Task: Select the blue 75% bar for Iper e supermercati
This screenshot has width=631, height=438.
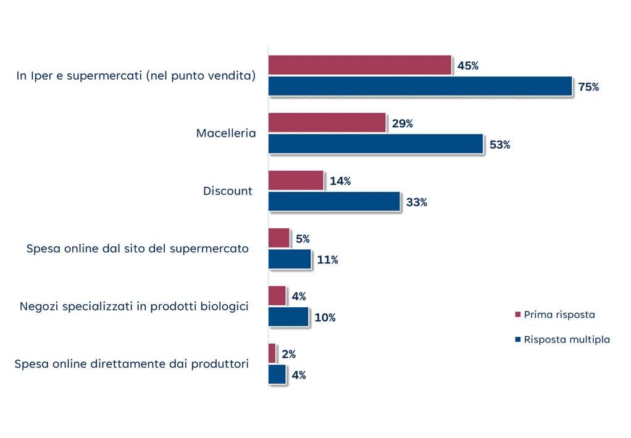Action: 420,86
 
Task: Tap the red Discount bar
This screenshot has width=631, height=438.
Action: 296,181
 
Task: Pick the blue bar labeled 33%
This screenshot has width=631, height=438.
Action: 334,202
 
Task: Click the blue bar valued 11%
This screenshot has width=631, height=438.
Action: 290,260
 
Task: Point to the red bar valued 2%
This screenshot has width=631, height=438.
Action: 272,353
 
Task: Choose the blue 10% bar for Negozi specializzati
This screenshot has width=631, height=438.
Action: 288,317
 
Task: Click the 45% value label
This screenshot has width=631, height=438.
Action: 467,66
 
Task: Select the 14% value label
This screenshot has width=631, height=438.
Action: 340,181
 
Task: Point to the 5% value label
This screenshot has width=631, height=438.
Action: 302,239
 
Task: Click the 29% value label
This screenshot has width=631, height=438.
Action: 402,124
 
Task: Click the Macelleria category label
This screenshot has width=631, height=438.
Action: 226,133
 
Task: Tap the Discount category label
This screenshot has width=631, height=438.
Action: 228,191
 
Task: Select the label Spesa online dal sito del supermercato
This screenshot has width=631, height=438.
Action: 137,249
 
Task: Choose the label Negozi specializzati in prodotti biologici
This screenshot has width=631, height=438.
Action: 134,307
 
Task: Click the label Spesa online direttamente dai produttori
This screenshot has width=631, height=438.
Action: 132,364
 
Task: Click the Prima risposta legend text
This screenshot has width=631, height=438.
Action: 559,315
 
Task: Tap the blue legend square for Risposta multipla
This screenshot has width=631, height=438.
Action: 517,340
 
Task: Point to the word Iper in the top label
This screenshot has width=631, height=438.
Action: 38,76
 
